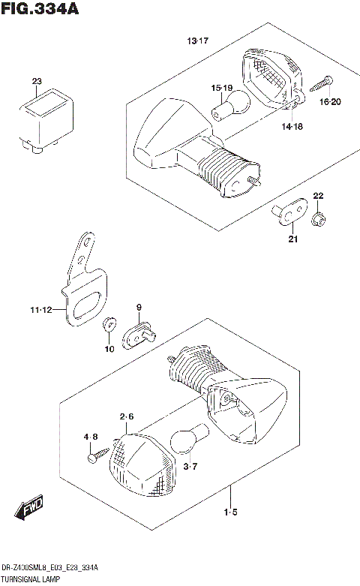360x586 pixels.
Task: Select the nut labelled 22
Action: pyautogui.click(x=317, y=218)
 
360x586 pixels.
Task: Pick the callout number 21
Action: pyautogui.click(x=293, y=239)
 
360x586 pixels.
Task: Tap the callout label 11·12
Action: pyautogui.click(x=43, y=309)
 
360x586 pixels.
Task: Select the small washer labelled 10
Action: pyautogui.click(x=108, y=323)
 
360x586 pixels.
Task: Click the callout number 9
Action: pyautogui.click(x=139, y=308)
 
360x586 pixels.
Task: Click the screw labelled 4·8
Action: pyautogui.click(x=94, y=454)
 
